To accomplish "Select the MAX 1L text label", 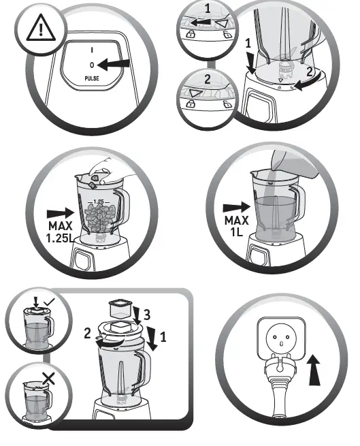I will [x=237, y=227].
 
